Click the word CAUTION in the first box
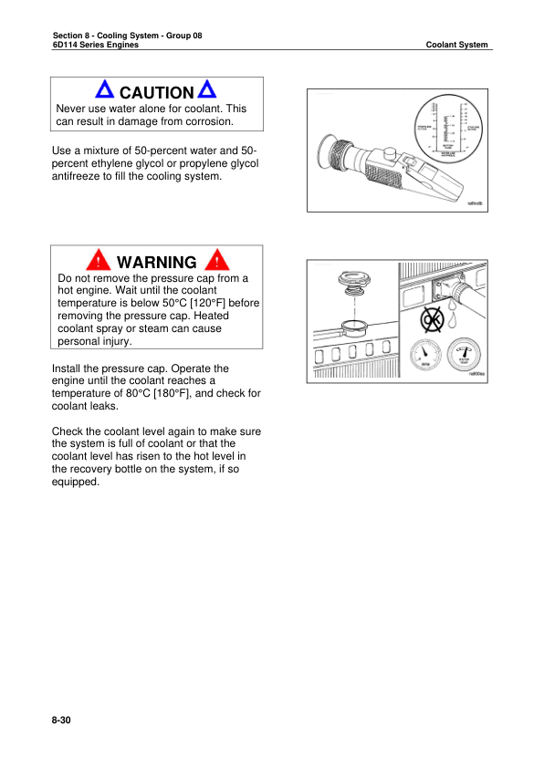coord(156,93)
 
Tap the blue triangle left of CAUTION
coord(105,91)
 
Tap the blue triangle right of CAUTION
coord(207,91)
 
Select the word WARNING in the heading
coord(157,263)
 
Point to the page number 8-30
coord(61,721)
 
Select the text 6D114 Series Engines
coord(96,45)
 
